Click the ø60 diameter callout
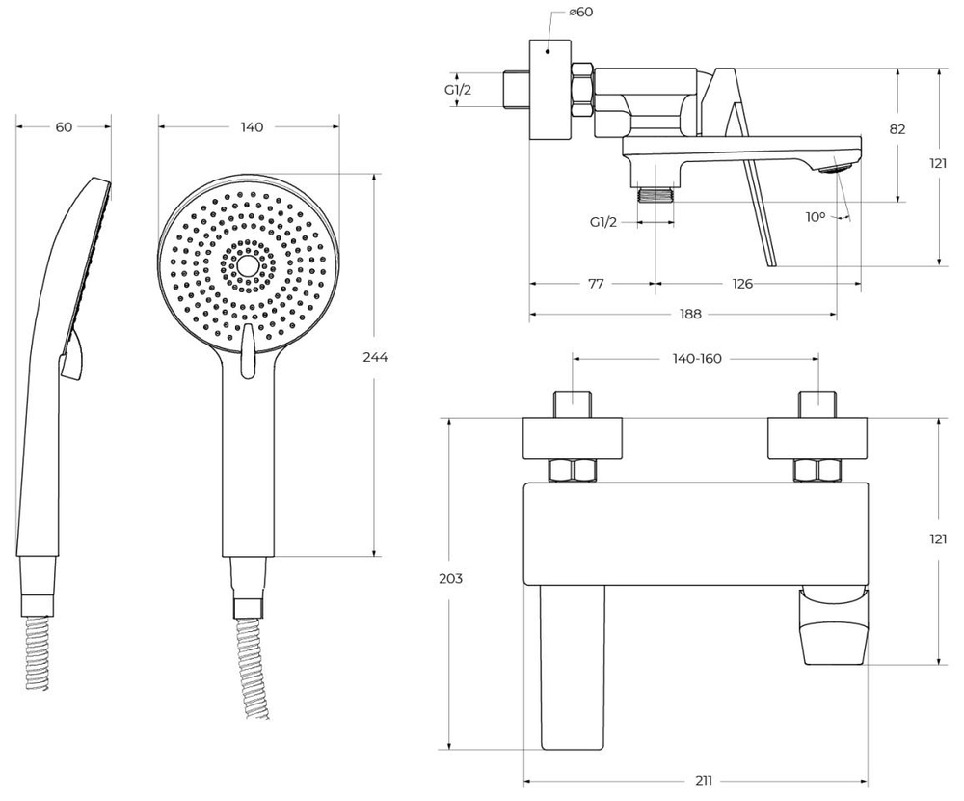(580, 13)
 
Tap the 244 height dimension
(376, 357)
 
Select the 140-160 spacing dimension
(696, 358)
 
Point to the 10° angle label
(816, 217)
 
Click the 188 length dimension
(689, 314)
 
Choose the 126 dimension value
(741, 284)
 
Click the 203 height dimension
(450, 579)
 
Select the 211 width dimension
(705, 781)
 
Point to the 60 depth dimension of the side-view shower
(64, 126)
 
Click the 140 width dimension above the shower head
(251, 126)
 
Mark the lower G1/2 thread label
(603, 221)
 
